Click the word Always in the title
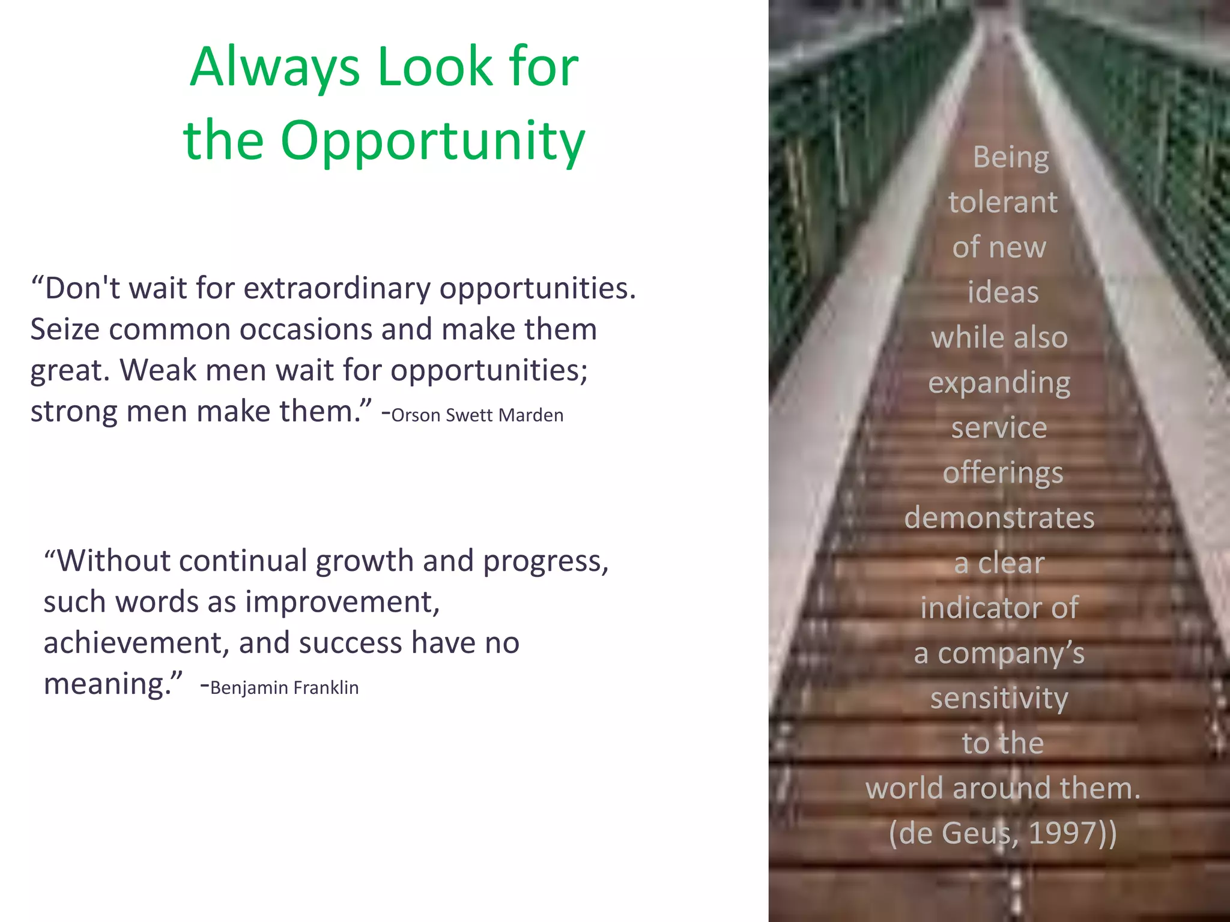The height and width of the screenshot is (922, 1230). pyautogui.click(x=274, y=68)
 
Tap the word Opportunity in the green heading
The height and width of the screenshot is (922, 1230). pyautogui.click(x=432, y=142)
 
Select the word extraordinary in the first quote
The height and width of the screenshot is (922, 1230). pyautogui.click(x=336, y=289)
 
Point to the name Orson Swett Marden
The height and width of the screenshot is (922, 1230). pyautogui.click(x=477, y=415)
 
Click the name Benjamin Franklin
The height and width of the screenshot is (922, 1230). pyautogui.click(x=285, y=688)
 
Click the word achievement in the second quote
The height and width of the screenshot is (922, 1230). pyautogui.click(x=136, y=643)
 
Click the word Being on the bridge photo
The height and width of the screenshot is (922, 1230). pyautogui.click(x=1011, y=158)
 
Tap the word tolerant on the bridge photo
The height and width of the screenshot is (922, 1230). pyautogui.click(x=1003, y=202)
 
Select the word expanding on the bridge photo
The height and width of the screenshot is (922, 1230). pyautogui.click(x=999, y=384)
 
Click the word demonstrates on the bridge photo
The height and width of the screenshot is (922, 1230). pyautogui.click(x=999, y=518)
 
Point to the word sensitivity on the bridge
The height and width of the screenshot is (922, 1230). pyautogui.click(x=999, y=699)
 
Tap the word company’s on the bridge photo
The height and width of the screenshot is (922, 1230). pyautogui.click(x=1011, y=654)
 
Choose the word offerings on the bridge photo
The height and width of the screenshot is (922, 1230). pyautogui.click(x=1003, y=474)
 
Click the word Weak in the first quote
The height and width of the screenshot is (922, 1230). pyautogui.click(x=157, y=370)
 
